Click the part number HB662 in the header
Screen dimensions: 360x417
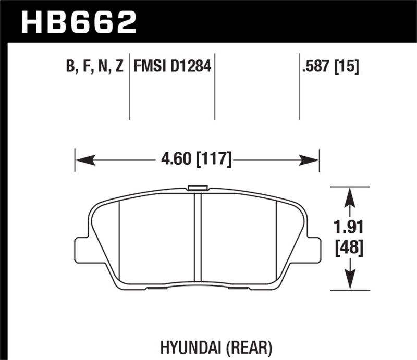(79, 21)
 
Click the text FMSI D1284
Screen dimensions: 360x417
(172, 67)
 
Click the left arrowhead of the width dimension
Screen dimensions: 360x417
(83, 159)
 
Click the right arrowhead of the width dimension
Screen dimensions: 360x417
(311, 159)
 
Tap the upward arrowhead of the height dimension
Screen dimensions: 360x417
(351, 195)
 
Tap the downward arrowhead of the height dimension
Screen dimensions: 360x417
(351, 281)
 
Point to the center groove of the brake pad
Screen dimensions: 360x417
(197, 234)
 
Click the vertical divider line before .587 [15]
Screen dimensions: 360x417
(299, 86)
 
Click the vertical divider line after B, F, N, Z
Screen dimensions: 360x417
(129, 86)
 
